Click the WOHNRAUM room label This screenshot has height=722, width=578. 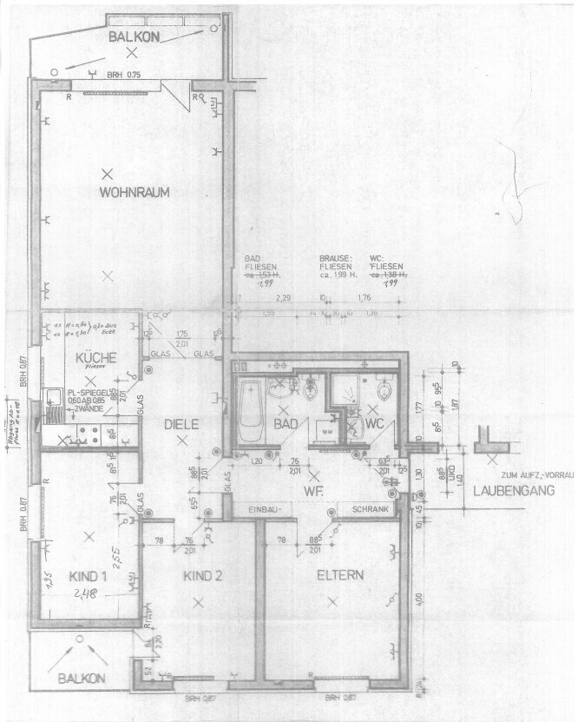click(x=134, y=192)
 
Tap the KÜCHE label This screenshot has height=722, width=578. click(x=90, y=357)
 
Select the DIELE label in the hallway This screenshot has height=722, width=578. click(x=182, y=424)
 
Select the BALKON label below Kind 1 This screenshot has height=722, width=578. click(x=82, y=678)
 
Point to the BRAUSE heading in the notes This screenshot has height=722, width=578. click(x=334, y=258)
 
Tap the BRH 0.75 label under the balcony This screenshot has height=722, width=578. click(x=124, y=76)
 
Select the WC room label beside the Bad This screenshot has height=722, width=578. click(x=375, y=424)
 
